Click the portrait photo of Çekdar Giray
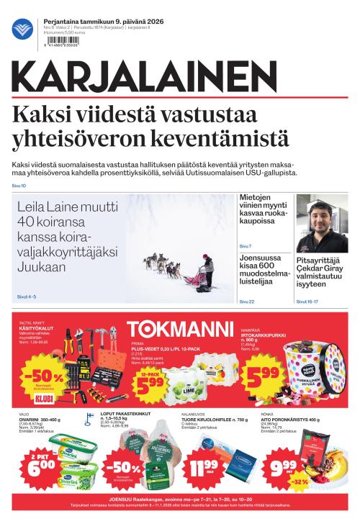(322, 222)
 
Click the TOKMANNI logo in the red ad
(180, 330)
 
